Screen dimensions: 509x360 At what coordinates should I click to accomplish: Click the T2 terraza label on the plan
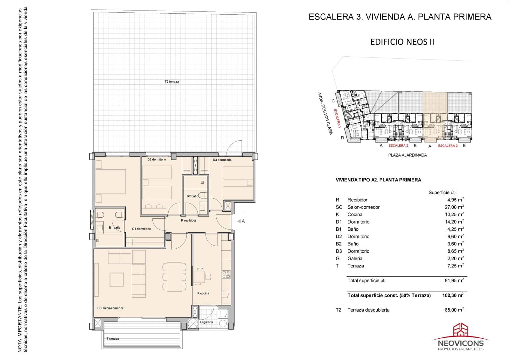(x=172, y=81)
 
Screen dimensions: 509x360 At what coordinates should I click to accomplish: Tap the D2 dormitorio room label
(x=157, y=159)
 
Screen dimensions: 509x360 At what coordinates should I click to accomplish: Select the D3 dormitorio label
(x=222, y=160)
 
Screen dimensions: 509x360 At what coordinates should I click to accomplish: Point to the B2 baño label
(x=192, y=196)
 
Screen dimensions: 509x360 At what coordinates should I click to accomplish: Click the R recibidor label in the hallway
(x=189, y=220)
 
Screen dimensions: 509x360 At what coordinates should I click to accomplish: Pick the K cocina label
(x=203, y=293)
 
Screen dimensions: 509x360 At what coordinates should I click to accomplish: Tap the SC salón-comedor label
(x=110, y=308)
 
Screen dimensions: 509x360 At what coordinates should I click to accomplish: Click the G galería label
(x=206, y=322)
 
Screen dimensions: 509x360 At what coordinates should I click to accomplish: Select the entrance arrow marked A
(x=239, y=221)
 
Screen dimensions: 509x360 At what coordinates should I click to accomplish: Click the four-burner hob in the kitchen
(x=226, y=274)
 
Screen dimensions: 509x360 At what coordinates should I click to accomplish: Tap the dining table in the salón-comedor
(x=174, y=277)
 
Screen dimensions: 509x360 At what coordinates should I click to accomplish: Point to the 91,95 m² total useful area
(x=454, y=280)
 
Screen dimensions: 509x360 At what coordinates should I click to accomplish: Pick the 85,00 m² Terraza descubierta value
(x=454, y=310)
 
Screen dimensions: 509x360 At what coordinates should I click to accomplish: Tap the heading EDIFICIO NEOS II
(x=402, y=42)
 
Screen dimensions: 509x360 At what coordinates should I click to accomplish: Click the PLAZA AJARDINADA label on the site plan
(x=408, y=155)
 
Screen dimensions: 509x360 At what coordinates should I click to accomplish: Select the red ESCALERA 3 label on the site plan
(x=448, y=145)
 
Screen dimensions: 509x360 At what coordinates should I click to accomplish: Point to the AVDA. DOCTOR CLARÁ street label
(x=325, y=113)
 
